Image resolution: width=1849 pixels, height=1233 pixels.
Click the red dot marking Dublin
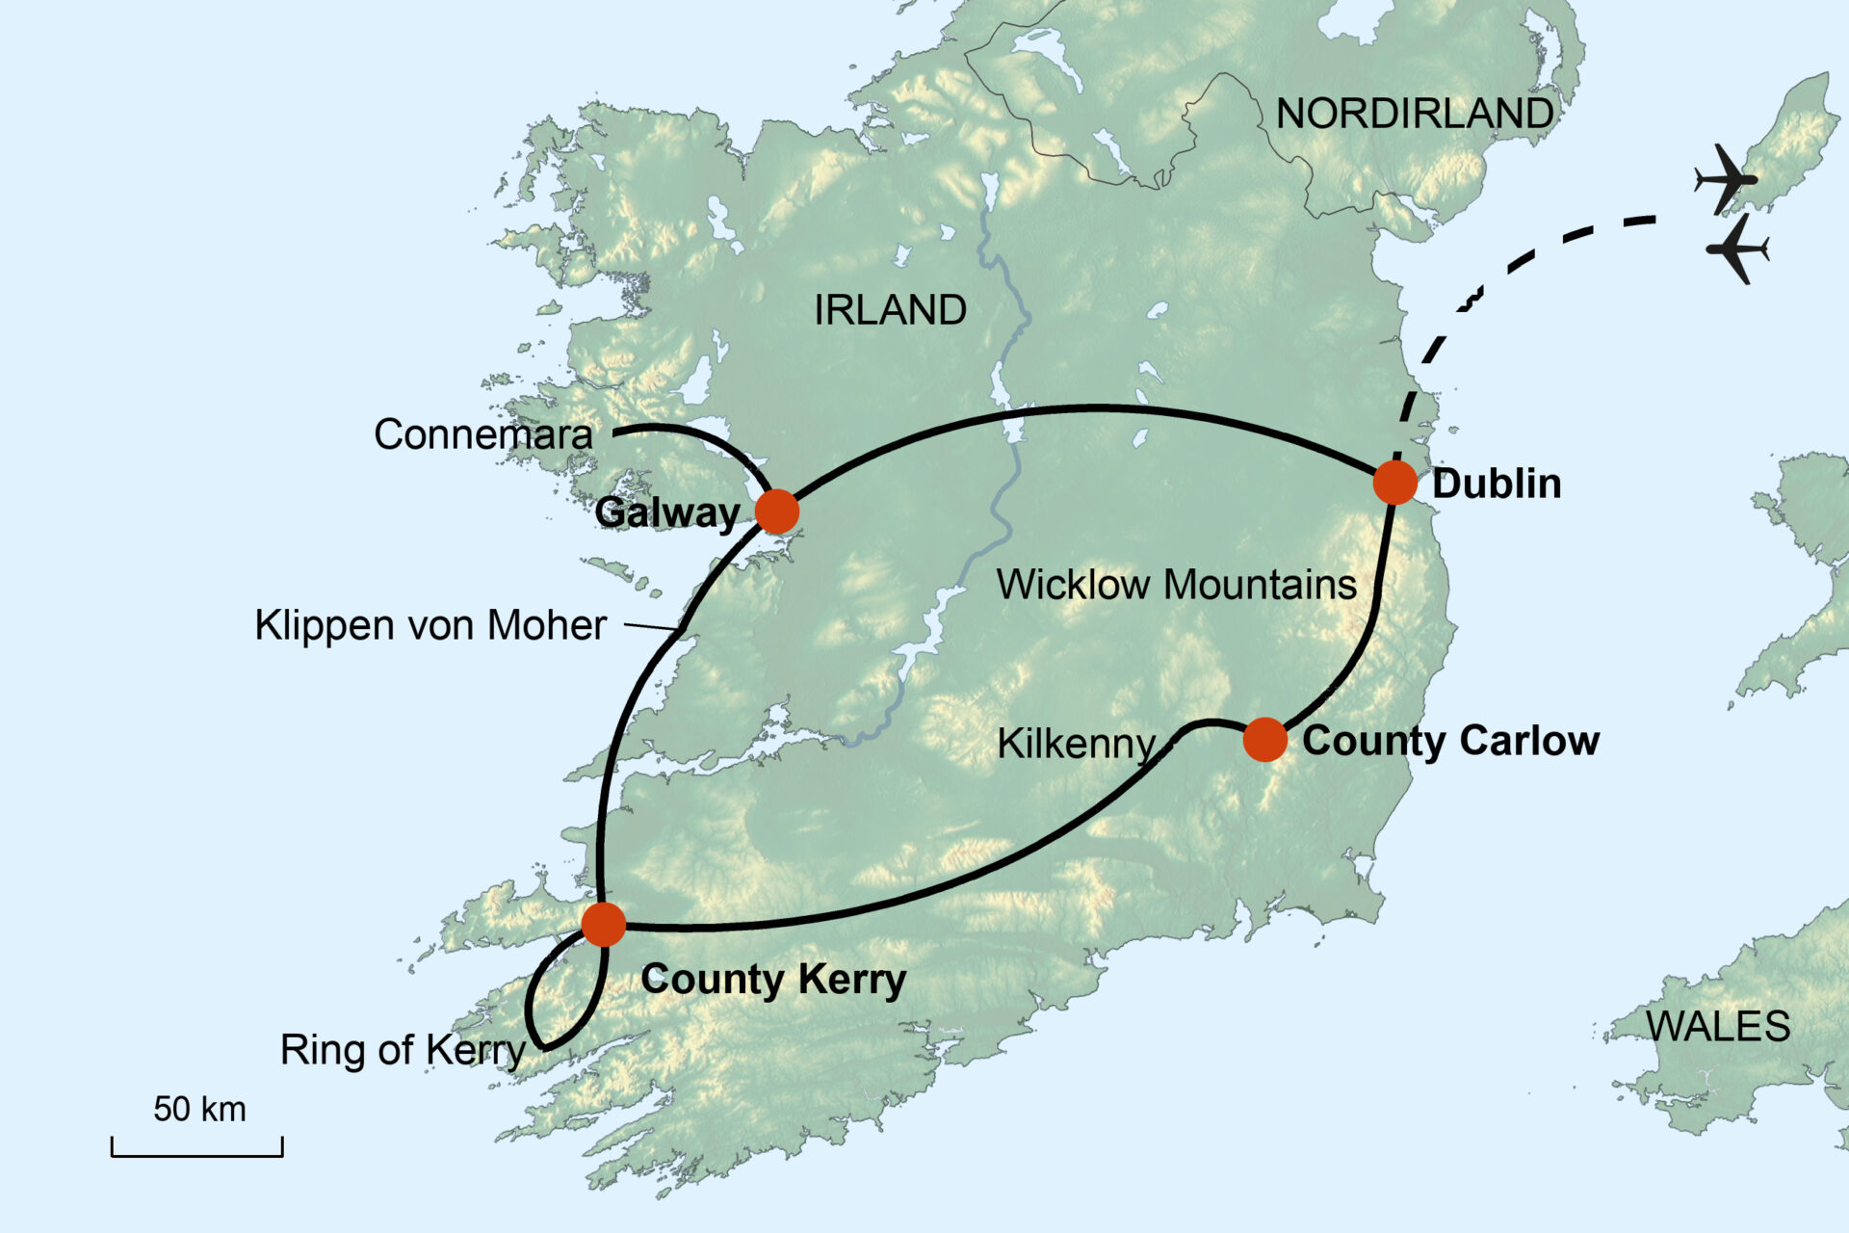[x=1393, y=483]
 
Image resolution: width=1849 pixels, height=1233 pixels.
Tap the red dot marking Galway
[x=777, y=512]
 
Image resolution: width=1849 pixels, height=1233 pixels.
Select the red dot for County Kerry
[x=604, y=925]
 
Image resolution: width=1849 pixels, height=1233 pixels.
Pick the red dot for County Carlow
[x=1264, y=740]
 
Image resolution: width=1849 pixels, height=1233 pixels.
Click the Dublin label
[x=1496, y=484]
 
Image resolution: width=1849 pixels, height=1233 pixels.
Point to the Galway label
[x=666, y=512]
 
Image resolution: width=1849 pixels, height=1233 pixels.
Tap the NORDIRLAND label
[x=1414, y=114]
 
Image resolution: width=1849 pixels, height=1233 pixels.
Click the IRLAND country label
[x=890, y=310]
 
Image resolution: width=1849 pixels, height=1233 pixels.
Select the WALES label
[x=1718, y=1027]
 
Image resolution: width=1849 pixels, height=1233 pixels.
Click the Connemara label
[x=482, y=434]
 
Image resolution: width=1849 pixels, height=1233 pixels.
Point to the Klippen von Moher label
[x=430, y=625]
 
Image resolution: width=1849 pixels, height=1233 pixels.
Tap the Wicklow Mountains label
[x=1176, y=585]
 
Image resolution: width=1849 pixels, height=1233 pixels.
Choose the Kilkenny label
[x=1076, y=744]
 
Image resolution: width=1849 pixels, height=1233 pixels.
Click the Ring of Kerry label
[x=403, y=1050]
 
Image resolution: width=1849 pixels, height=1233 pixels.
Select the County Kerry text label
[x=773, y=980]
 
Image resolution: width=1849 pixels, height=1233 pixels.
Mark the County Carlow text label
[x=1450, y=741]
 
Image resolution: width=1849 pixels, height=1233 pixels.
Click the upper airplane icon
[x=1726, y=179]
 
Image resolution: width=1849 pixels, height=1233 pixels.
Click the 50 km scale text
[x=199, y=1109]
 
